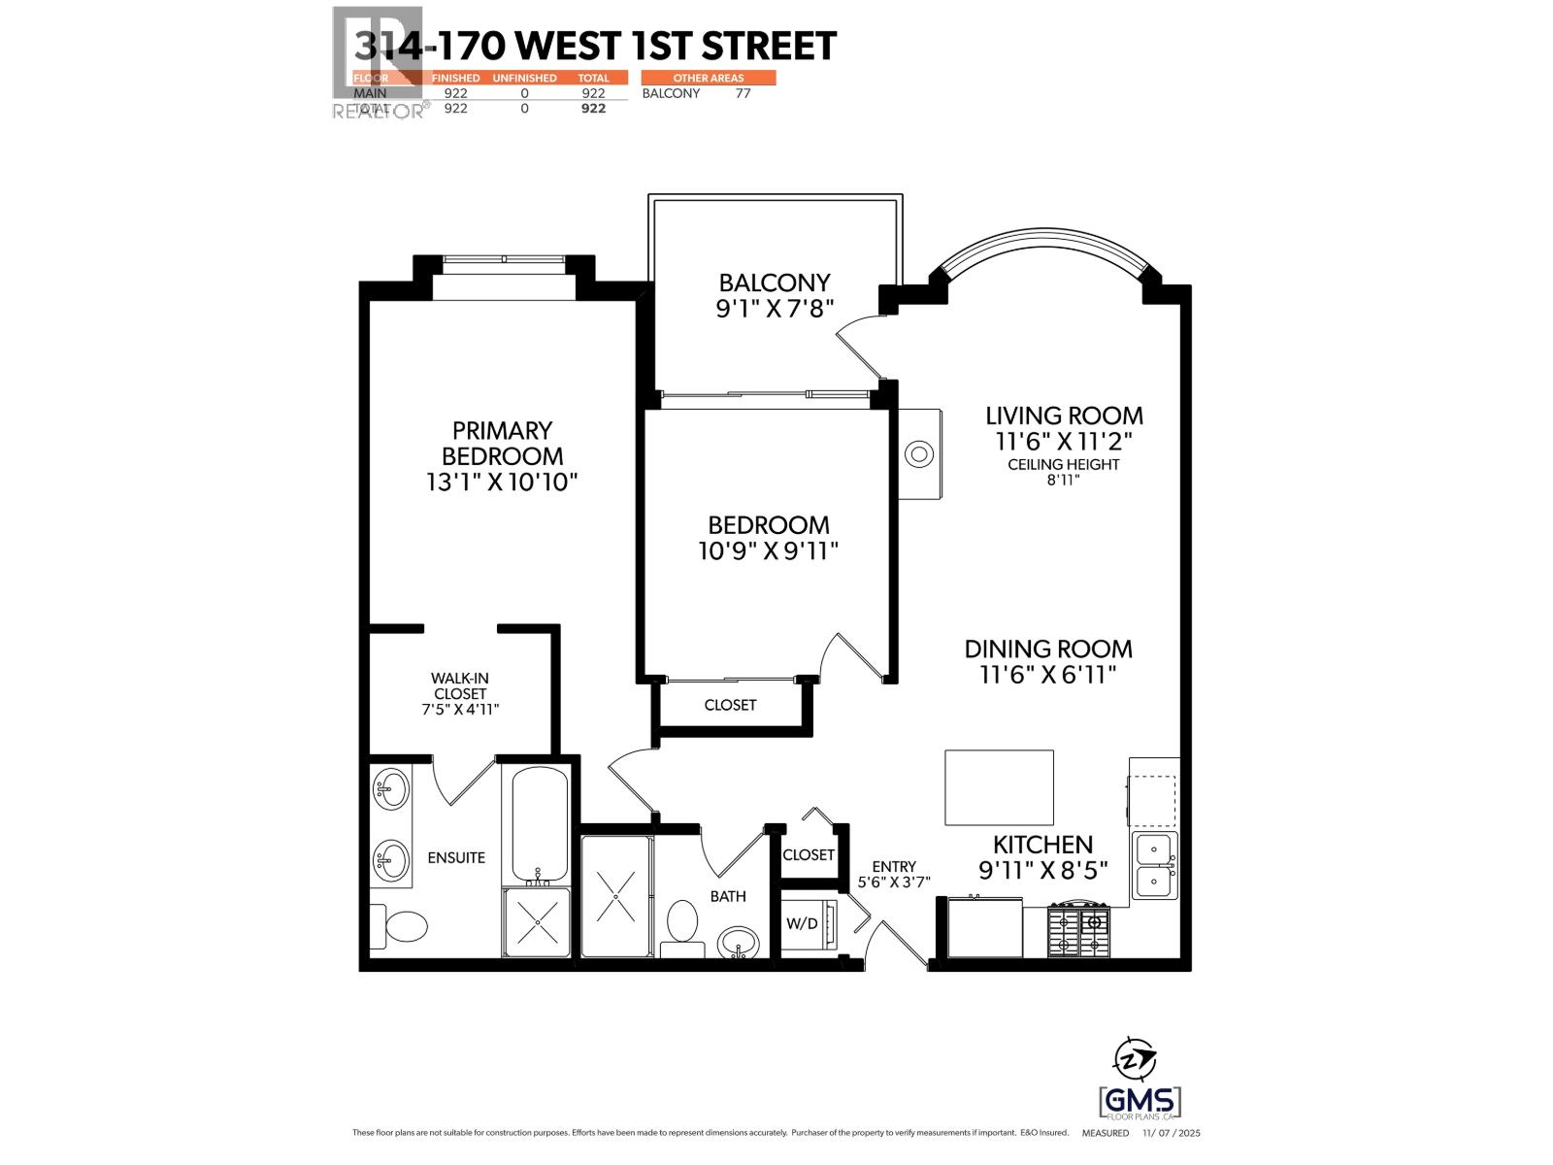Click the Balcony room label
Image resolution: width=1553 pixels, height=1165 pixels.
[x=774, y=283]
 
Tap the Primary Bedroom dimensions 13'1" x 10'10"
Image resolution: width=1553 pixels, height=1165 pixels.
[x=502, y=482]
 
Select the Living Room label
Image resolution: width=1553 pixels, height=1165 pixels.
[x=1064, y=416]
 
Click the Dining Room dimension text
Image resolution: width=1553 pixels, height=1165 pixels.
[x=1048, y=675]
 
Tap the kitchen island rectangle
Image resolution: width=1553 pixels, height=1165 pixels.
[x=1000, y=787]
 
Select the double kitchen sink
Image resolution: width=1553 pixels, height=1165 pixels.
[x=1155, y=864]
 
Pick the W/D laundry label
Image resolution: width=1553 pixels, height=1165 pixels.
[x=802, y=924]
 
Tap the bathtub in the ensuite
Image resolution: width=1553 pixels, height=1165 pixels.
[x=539, y=823]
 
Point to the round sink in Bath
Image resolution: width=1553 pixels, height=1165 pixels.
[x=739, y=942]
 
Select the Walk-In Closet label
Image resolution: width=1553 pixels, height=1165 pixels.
[x=460, y=693]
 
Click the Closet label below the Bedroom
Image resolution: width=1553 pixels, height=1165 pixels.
[x=730, y=705]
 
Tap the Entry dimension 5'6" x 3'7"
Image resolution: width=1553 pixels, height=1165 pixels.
[x=894, y=882]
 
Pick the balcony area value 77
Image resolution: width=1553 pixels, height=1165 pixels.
[x=743, y=93]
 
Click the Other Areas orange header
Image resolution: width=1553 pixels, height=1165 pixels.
[x=709, y=78]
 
